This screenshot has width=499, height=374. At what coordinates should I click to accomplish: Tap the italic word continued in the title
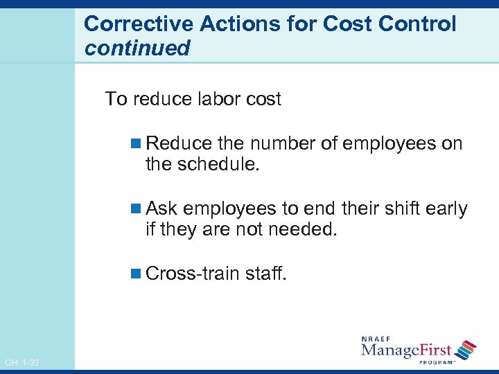(x=137, y=48)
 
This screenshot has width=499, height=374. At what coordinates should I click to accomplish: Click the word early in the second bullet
(x=444, y=208)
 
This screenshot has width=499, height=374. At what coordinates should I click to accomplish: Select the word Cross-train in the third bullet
(x=193, y=274)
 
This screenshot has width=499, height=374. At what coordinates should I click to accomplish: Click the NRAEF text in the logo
(x=377, y=339)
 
